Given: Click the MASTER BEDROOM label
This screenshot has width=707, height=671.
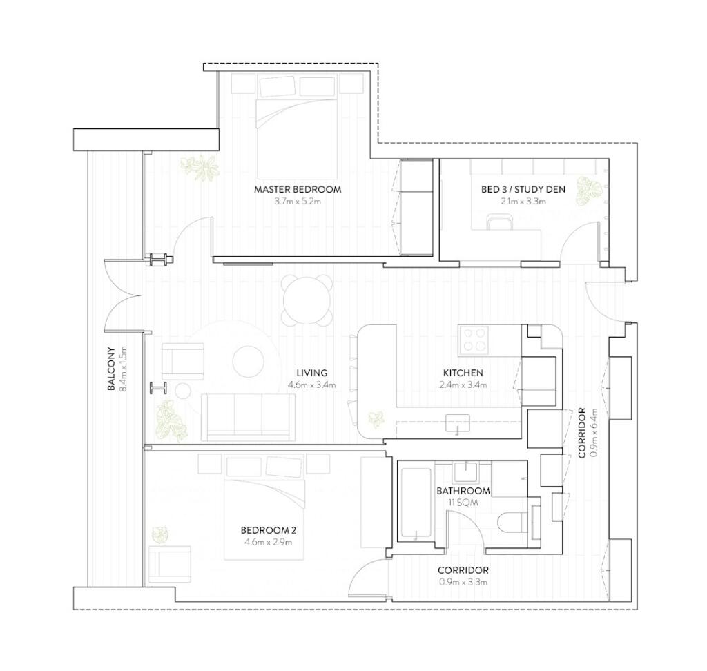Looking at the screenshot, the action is click(298, 189).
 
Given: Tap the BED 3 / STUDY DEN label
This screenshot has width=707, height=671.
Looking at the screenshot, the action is click(523, 189).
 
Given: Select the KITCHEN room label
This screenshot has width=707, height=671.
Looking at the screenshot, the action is click(463, 373).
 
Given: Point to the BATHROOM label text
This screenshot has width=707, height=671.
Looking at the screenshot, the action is click(463, 491).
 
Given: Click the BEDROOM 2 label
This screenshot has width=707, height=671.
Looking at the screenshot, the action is click(269, 530).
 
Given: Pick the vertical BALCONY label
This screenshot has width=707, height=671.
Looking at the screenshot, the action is click(111, 369).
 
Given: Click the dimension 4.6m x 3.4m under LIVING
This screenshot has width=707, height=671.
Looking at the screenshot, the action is click(311, 385).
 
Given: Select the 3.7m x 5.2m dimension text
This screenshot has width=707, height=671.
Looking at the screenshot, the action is click(298, 202).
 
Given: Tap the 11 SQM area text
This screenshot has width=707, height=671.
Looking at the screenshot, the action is click(463, 503).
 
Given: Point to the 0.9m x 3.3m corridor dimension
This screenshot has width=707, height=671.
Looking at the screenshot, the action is click(463, 582).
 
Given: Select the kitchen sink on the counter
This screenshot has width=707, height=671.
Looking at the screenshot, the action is click(458, 423).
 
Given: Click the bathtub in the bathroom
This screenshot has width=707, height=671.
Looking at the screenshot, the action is click(415, 504).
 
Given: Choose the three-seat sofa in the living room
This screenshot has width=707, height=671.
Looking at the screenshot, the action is click(248, 417).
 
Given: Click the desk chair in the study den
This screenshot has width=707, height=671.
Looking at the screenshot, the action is click(501, 222).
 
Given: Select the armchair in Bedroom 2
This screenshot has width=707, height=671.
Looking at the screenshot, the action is click(169, 565).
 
